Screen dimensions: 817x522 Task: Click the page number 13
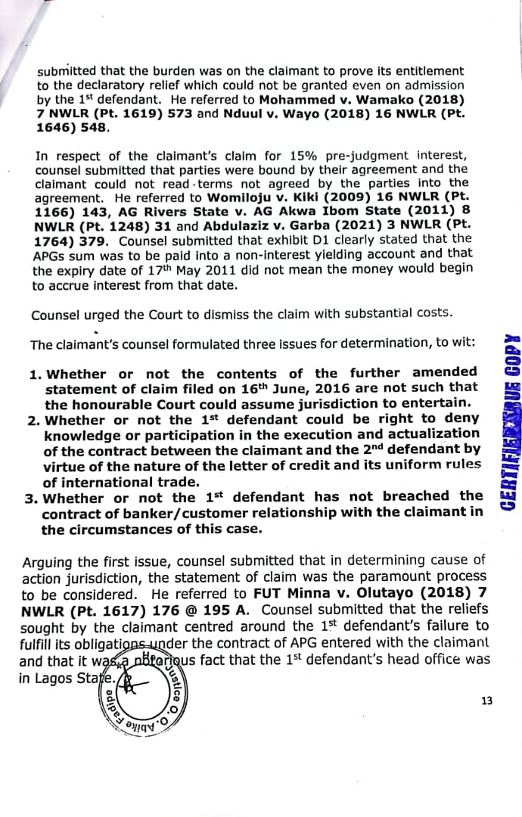(486, 701)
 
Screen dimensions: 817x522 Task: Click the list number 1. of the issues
(35, 374)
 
